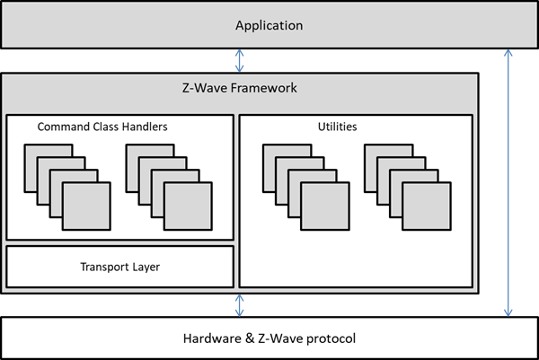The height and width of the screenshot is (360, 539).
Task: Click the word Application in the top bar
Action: click(x=269, y=25)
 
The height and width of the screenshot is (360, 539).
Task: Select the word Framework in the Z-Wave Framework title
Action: click(x=265, y=89)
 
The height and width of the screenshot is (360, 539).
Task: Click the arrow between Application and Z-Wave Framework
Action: click(x=238, y=60)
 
